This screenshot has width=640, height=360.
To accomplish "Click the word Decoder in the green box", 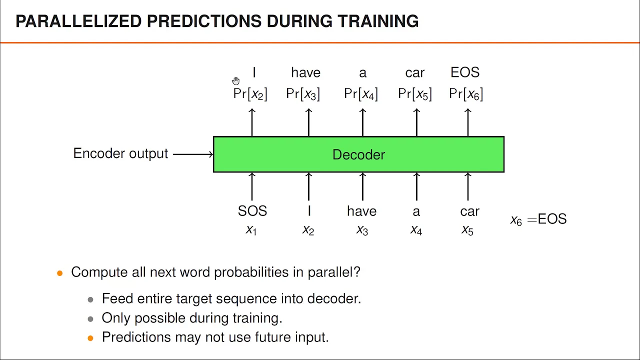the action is coord(358,154).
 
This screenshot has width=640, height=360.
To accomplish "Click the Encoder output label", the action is coord(120,153).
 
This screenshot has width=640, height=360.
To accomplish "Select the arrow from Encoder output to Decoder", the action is coord(193,154).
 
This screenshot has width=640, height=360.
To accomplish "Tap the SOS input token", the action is coord(252,211).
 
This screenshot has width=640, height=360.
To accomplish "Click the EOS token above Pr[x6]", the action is coord(465,72).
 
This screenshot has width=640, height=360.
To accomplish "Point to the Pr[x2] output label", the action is coord(250,94).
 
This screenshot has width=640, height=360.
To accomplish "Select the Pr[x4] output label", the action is coord(361,94).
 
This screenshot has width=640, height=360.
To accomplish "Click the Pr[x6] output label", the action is coord(466,94).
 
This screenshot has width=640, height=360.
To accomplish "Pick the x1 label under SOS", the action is coord(251,230).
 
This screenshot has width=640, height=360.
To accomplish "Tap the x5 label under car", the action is coord(467,230).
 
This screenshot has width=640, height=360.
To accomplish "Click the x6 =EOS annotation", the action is coord(538,219).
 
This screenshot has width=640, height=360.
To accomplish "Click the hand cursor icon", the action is coord(235,81).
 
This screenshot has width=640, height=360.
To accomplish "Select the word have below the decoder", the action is coord(361,211).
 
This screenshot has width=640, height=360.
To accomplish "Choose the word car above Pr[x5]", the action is coord(415,73).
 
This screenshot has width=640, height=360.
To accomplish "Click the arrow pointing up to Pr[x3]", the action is coord(308,122).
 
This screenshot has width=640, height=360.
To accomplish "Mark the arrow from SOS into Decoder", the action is coord(251,186).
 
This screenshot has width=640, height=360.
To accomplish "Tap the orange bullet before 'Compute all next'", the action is coord(59,273).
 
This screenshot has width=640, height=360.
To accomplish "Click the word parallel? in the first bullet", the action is coord(334,272).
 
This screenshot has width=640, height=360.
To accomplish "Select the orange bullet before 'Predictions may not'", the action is coord(90,338).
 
